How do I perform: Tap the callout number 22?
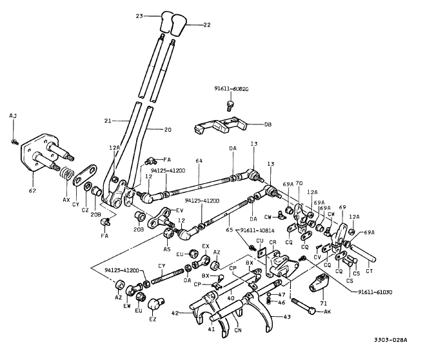tap(207, 25)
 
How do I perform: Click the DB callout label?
tap(268, 124)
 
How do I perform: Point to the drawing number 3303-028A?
tap(395, 341)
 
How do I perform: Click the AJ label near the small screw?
tap(12, 115)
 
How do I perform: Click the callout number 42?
tap(175, 313)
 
